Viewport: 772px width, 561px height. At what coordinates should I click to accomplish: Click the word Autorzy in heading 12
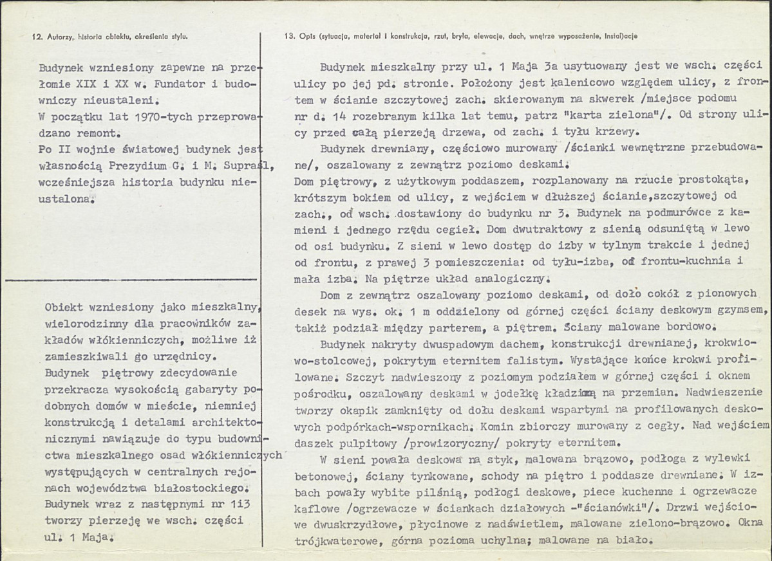coord(61,37)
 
